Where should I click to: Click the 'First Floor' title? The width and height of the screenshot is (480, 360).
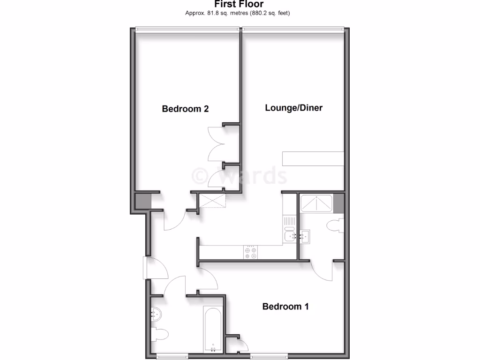coord(239,4)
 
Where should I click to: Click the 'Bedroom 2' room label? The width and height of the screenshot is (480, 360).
coord(185,109)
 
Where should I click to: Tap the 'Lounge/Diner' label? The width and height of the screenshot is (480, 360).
coord(294,108)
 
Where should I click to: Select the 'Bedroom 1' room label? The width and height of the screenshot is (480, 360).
coord(285,307)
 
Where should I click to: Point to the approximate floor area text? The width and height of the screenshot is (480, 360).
coord(238,13)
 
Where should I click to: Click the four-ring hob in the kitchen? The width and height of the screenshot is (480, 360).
coord(250,253)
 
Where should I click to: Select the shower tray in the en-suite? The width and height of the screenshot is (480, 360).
coord(317,203)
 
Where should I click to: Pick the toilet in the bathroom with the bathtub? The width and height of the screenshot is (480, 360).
coord(161,335)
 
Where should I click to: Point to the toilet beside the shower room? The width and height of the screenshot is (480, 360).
coord(336,226)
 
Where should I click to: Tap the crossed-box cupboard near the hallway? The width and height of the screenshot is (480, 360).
coord(212,202)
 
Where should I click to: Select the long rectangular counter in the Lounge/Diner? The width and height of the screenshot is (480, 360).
coord(313,158)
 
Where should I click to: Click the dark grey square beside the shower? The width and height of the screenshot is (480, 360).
coord(339,203)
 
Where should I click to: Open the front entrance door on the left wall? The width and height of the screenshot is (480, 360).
coord(146,268)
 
